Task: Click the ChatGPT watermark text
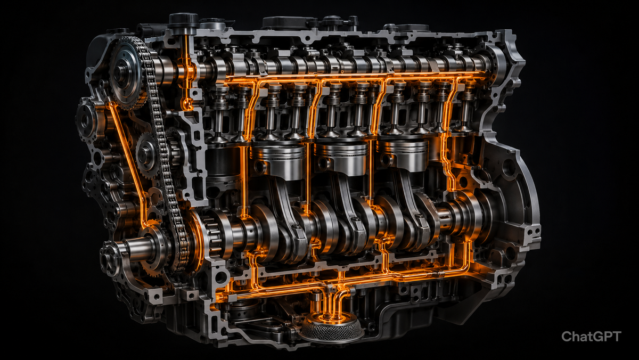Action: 591,337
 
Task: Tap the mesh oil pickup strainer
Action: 331,328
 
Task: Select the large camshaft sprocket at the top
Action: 126,73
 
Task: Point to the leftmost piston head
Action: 277,161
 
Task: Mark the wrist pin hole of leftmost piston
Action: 260,166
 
